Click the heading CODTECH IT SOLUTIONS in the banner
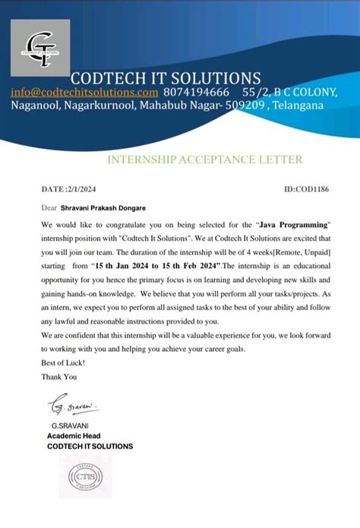point(166,77)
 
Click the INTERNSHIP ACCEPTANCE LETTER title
point(205,160)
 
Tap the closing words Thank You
point(59,376)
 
